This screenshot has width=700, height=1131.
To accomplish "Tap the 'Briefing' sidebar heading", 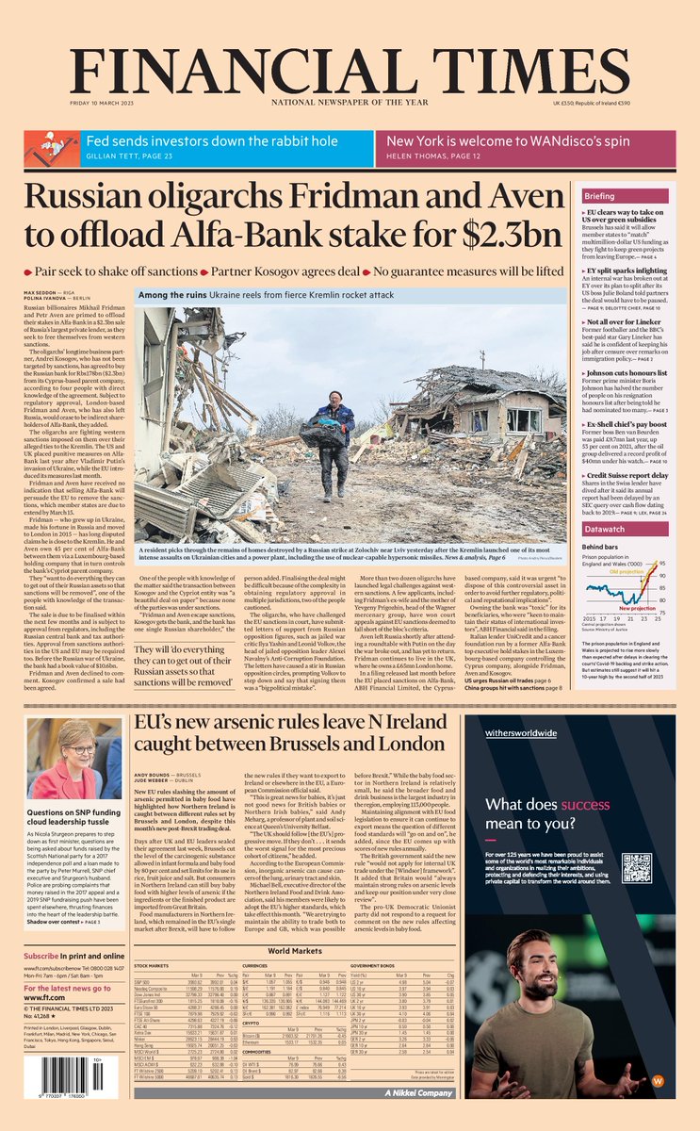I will [599, 196].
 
